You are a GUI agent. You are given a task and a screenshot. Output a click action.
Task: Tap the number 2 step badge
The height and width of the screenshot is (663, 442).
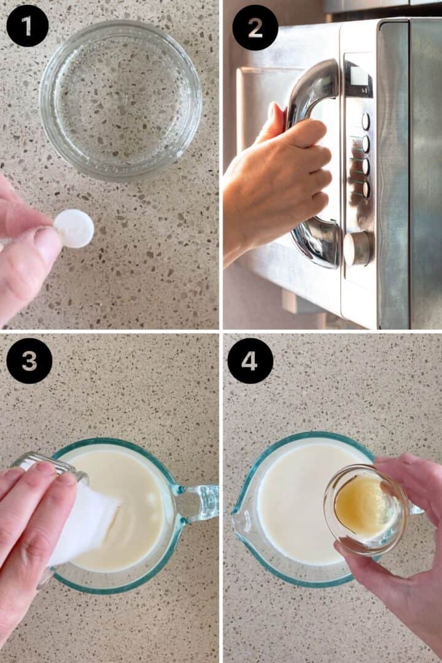pos(255,28)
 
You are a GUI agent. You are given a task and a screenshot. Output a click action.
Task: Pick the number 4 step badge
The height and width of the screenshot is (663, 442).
pos(250,361)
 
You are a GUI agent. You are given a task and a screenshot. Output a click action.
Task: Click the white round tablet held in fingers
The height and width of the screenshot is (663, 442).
pos(74,228)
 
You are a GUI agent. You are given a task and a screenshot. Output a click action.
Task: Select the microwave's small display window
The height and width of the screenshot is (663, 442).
pos(359,78)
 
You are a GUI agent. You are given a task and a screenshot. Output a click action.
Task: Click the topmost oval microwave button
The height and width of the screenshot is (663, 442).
pos(365,122)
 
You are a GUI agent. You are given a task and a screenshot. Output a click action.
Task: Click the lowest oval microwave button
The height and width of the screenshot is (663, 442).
pos(365,190)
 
